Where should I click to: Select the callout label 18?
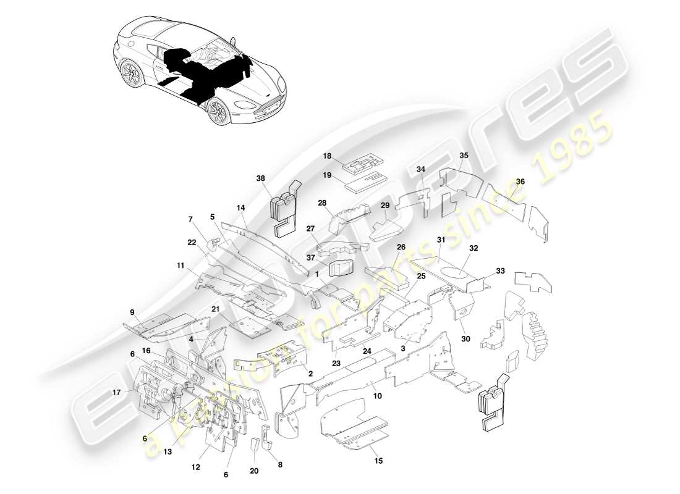click(327, 157)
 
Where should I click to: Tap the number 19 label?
click(327, 175)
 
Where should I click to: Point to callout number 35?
click(464, 156)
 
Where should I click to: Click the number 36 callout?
click(520, 182)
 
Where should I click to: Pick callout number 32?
click(474, 248)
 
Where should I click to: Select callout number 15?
click(378, 460)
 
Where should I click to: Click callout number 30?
click(465, 338)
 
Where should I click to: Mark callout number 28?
click(322, 203)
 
